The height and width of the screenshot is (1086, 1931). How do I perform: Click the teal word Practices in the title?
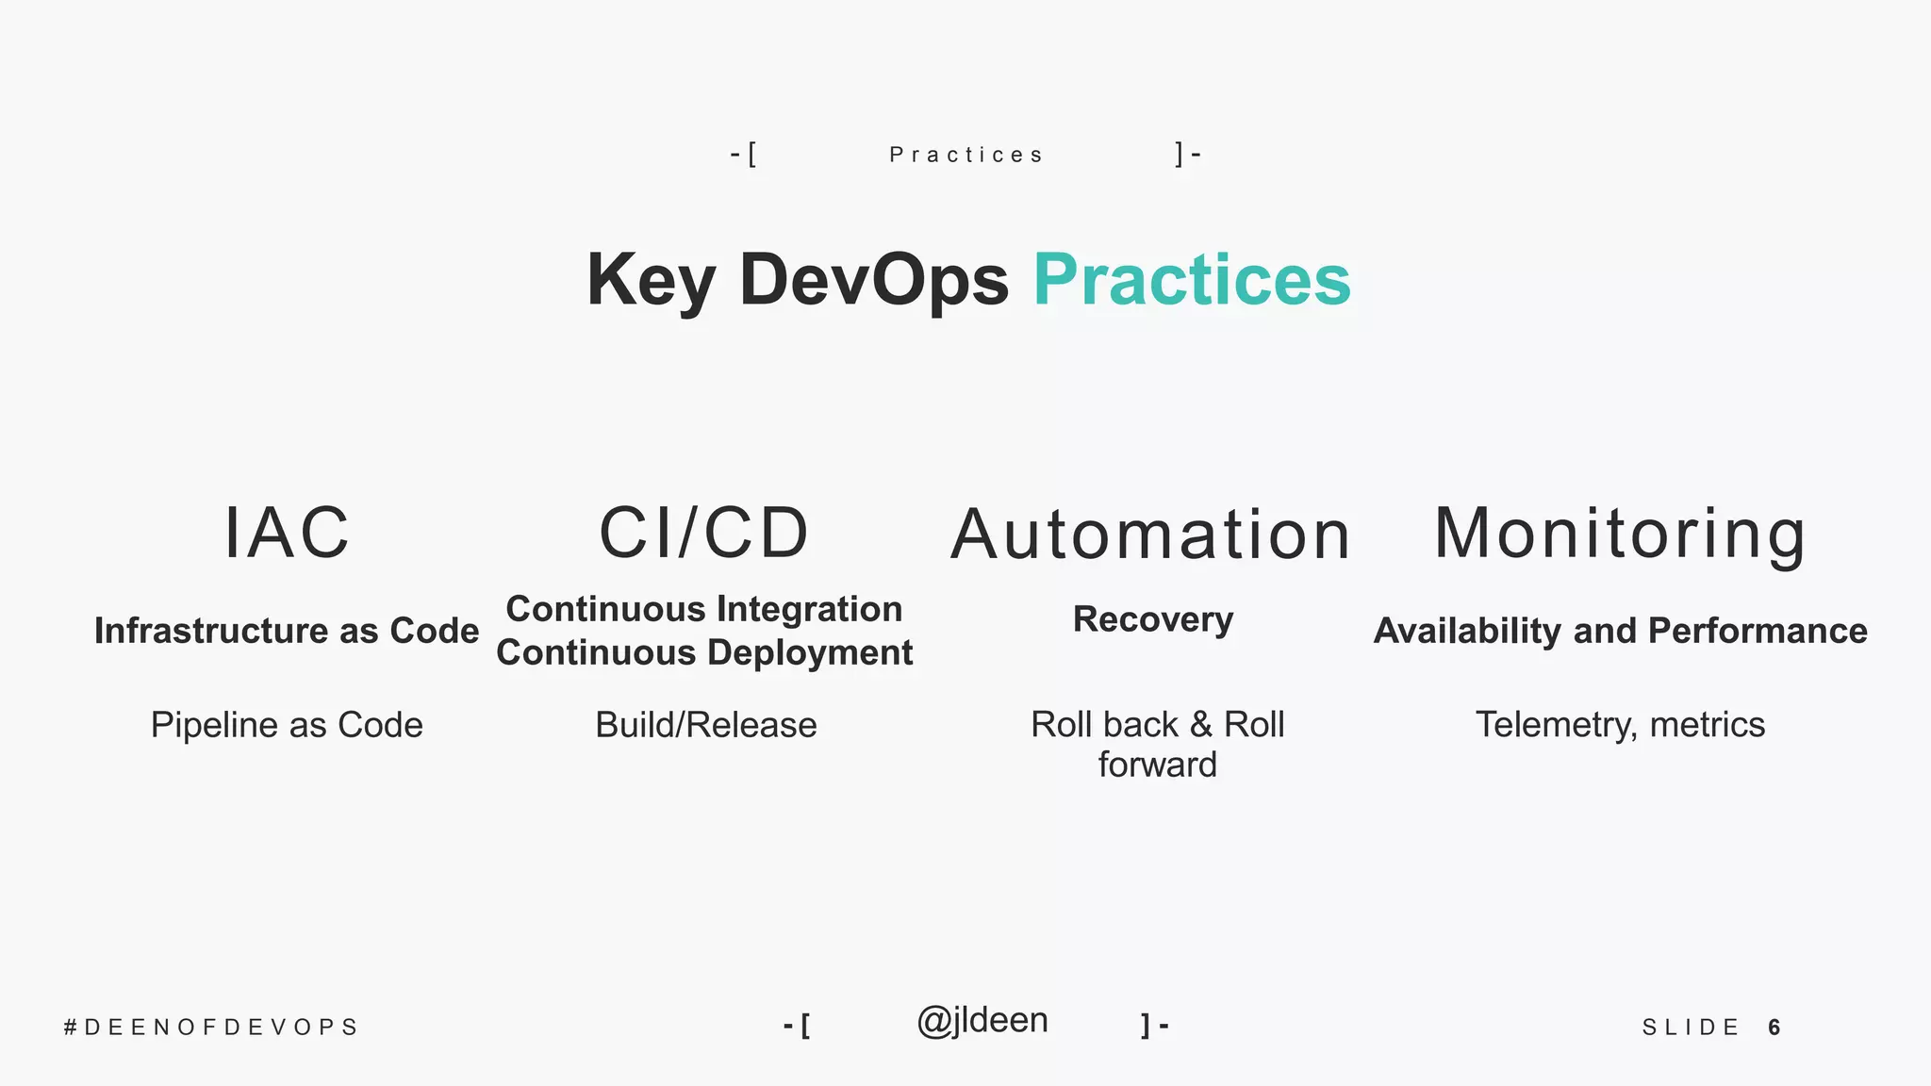pos(1192,280)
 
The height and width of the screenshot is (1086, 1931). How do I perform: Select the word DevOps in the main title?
pos(874,280)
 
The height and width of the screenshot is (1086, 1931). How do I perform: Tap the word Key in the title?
pos(651,280)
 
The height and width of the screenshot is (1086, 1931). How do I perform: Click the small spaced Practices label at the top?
pos(966,155)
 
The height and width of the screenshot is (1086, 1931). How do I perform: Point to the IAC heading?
pos(287,534)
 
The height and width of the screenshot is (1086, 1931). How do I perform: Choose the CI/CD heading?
pos(704,534)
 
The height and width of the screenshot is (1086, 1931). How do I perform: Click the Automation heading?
pos(1151,535)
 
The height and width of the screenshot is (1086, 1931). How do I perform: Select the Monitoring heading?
pos(1620,534)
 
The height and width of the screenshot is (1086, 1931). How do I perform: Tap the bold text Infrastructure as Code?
pos(287,631)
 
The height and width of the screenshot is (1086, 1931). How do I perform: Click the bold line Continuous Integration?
pos(704,609)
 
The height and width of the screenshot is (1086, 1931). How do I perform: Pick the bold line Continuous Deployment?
pos(704,652)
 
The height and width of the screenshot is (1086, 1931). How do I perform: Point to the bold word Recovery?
pos(1153,619)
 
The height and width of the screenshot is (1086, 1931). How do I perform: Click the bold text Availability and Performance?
pos(1620,631)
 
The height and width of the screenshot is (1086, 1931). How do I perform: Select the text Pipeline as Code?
pos(287,725)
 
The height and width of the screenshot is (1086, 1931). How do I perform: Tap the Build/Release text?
pos(706,725)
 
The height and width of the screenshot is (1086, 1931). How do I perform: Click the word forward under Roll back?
pos(1157,765)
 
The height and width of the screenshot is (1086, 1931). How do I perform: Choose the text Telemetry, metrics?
pos(1620,725)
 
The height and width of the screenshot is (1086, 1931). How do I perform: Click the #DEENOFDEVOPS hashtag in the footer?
pos(211,1027)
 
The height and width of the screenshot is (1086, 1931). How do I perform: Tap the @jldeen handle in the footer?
pos(982,1021)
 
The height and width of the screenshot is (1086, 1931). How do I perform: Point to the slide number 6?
pos(1774,1027)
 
